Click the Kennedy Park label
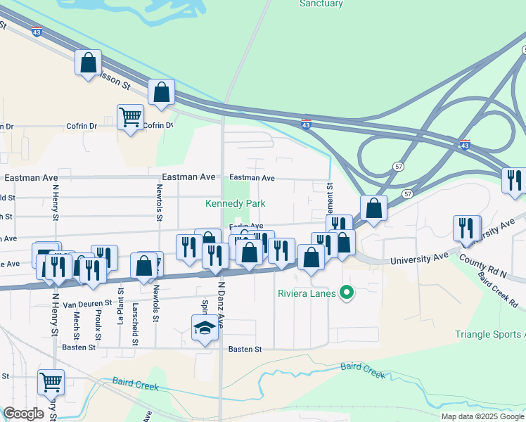click(233, 203)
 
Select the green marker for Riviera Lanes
click(345, 292)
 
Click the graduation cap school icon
click(205, 328)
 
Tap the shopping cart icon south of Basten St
click(51, 382)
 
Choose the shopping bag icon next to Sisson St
click(89, 63)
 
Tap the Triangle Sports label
click(489, 334)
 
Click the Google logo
click(23, 413)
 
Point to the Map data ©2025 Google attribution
click(482, 416)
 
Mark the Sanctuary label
click(321, 4)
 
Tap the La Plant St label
click(121, 309)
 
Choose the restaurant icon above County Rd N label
click(466, 228)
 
